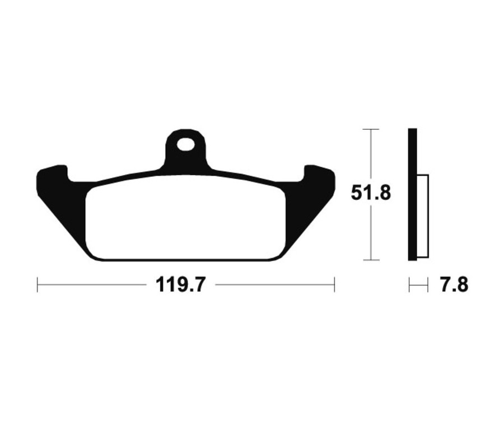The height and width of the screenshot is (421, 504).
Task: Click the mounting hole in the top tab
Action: point(185,145)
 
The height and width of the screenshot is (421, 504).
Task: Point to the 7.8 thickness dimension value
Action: point(454,285)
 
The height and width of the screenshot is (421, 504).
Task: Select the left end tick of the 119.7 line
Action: point(38,284)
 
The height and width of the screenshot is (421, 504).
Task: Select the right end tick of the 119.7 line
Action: point(334,284)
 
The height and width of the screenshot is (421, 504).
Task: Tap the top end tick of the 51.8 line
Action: point(371,129)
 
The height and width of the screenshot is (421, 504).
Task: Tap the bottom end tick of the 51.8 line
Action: point(371,260)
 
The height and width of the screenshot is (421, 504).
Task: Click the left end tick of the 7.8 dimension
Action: point(409,285)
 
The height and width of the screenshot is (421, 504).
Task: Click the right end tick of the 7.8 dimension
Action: point(428,285)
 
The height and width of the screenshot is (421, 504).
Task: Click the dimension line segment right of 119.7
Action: point(274,284)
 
